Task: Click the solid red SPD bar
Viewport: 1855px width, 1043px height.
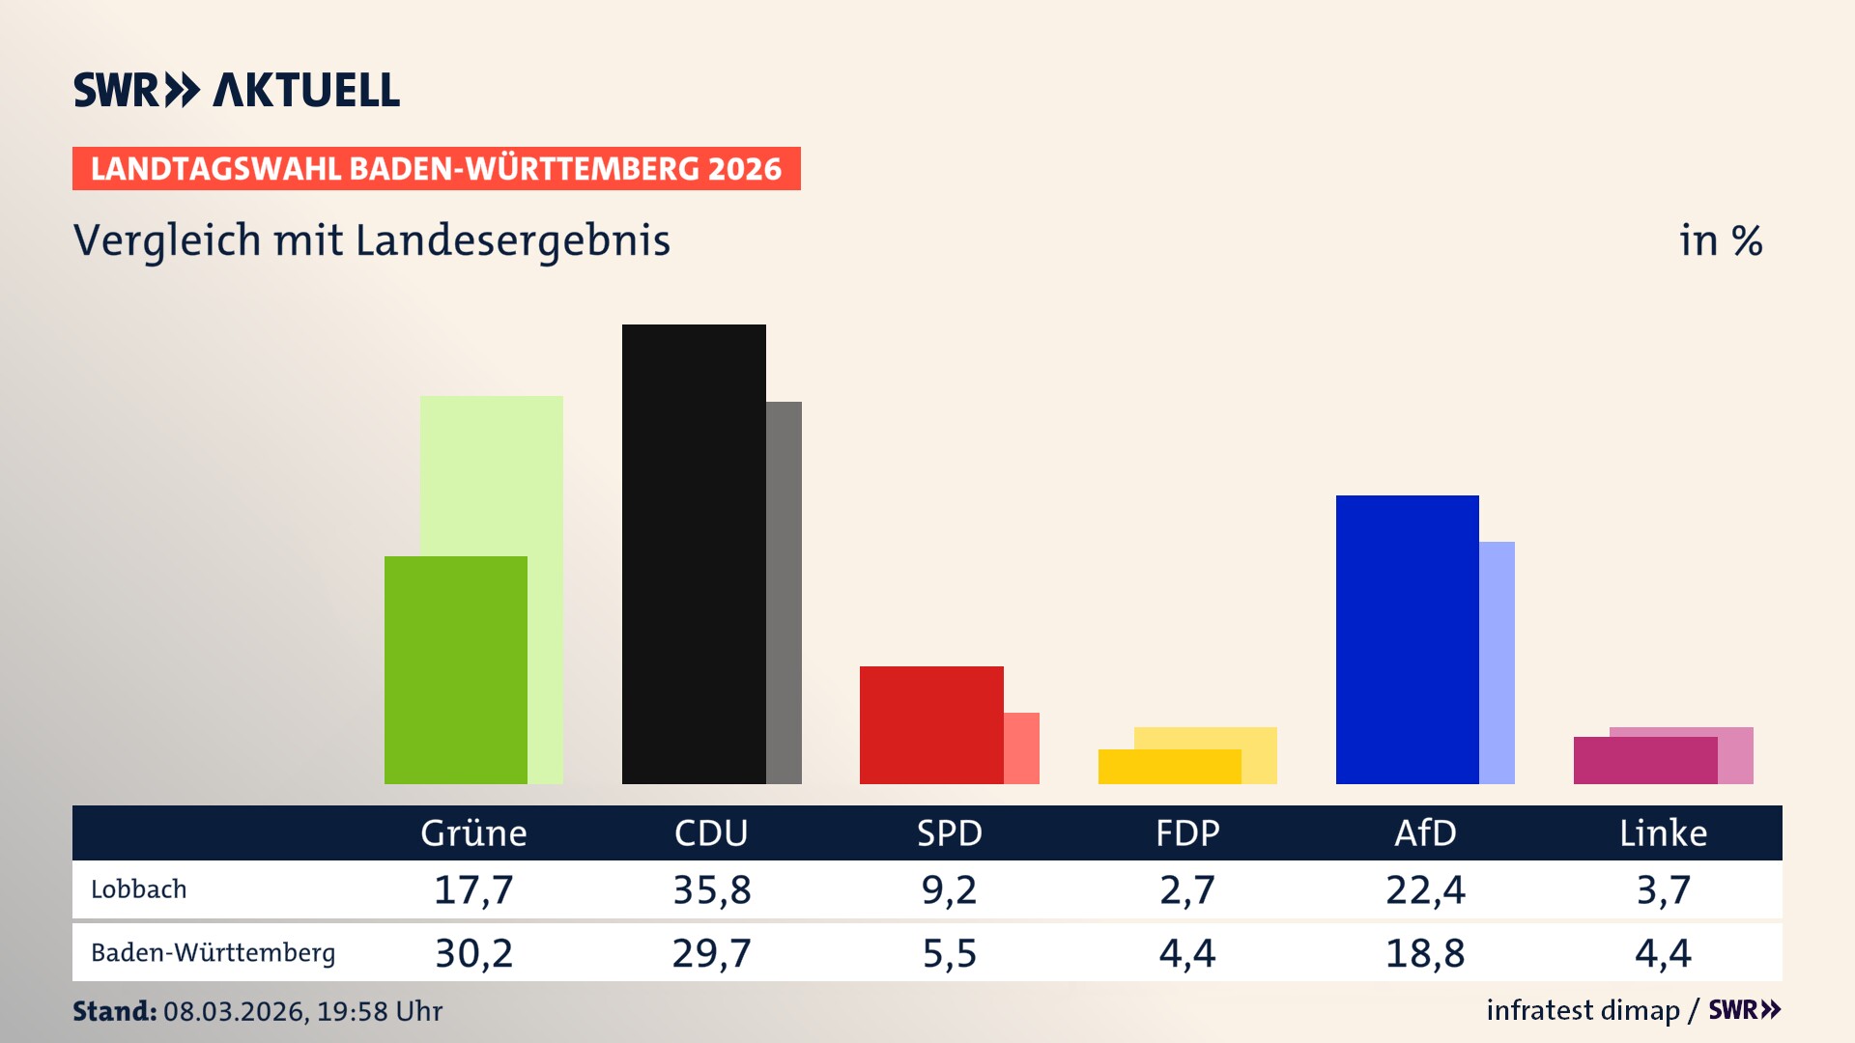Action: click(931, 724)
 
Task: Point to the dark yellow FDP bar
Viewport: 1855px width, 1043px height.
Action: click(1169, 766)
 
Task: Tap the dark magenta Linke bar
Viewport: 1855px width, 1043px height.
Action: click(1644, 760)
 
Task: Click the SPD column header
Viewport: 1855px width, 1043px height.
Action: click(949, 832)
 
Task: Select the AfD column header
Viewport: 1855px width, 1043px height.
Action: click(1425, 832)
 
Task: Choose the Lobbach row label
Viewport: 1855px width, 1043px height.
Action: click(139, 889)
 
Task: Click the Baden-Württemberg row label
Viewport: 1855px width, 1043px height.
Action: click(213, 953)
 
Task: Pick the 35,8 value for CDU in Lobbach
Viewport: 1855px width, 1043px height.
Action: click(712, 889)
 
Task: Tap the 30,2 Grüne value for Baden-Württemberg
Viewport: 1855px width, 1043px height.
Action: click(473, 953)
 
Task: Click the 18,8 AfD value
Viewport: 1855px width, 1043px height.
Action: click(1425, 953)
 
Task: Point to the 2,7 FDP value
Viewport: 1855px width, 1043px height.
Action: click(1187, 889)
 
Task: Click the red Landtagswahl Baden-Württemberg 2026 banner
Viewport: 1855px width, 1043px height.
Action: click(436, 168)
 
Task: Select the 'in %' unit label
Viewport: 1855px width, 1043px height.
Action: click(1721, 240)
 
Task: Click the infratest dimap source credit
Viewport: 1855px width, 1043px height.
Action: click(1583, 1010)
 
